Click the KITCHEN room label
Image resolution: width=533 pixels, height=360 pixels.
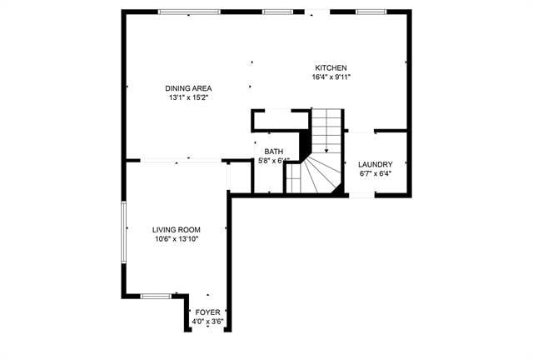[x=331, y=68]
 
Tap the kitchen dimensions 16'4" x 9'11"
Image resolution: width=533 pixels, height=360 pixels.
[x=331, y=78]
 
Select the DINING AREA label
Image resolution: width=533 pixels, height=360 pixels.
[x=187, y=87]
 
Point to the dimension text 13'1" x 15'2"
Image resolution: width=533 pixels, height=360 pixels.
[x=187, y=97]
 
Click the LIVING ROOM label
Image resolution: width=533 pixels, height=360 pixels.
[x=177, y=229]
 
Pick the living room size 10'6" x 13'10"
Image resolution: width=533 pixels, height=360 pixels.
[x=177, y=239]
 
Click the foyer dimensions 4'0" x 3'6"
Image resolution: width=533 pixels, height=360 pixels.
[x=208, y=321]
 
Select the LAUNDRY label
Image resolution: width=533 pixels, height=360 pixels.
[x=375, y=164]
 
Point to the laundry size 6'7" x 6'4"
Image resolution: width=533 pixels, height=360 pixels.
[x=375, y=174]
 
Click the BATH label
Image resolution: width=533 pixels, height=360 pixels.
[x=274, y=152]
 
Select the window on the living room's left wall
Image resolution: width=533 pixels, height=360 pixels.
[x=124, y=230]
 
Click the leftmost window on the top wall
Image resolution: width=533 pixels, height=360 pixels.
[x=190, y=12]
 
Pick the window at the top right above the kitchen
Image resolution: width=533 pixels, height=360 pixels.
[x=369, y=12]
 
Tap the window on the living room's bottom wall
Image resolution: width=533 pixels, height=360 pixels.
[x=156, y=295]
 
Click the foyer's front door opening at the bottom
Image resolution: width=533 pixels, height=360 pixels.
[x=207, y=330]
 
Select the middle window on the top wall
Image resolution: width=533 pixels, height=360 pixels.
[x=276, y=12]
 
